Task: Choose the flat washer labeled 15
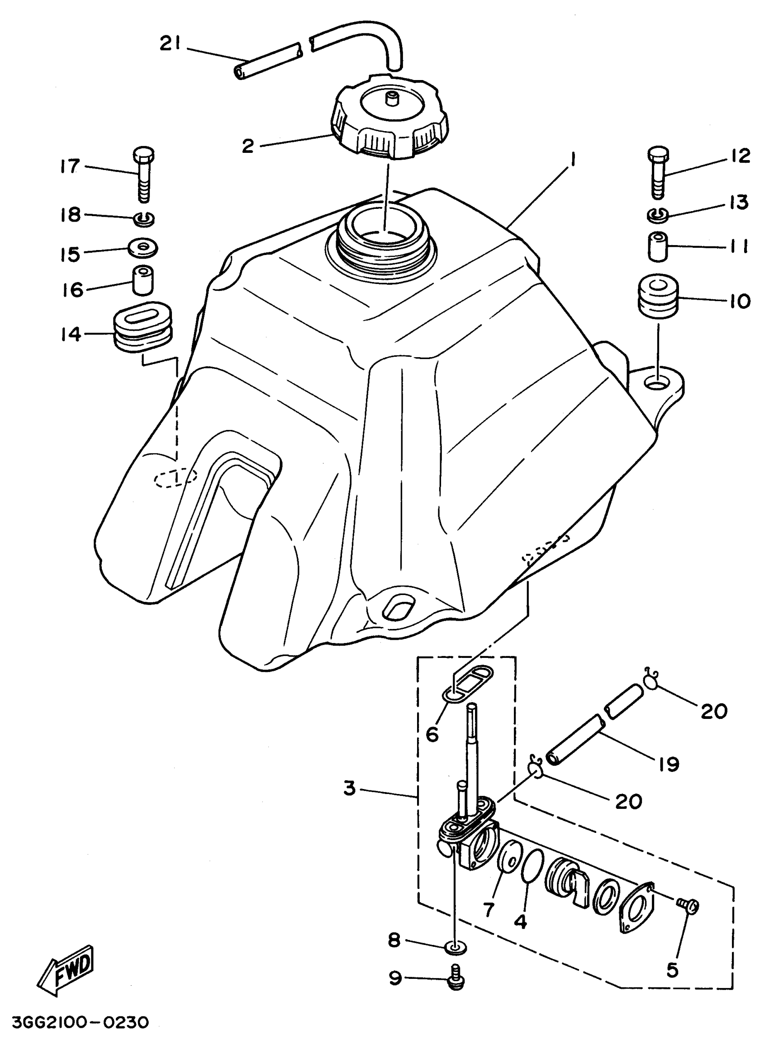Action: click(143, 247)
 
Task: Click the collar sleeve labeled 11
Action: click(659, 246)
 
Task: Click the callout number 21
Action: click(173, 44)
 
